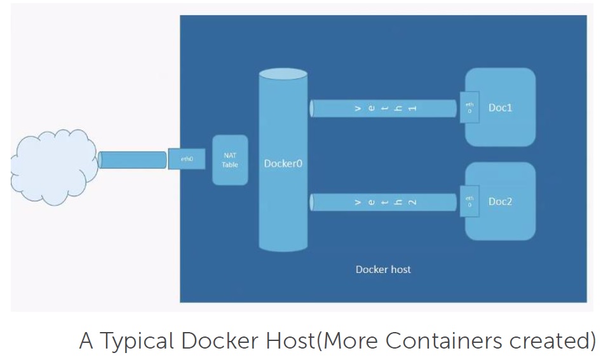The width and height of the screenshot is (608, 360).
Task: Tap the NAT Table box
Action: tap(230, 160)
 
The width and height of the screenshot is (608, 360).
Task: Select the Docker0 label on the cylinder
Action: tap(283, 164)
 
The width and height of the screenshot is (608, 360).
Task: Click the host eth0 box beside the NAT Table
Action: tap(187, 159)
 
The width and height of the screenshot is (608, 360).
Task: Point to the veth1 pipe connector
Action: tap(384, 109)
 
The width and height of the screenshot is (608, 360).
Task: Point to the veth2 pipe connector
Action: tap(384, 203)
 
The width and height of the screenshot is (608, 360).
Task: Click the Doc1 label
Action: tap(500, 108)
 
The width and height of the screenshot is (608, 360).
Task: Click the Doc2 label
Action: tap(500, 202)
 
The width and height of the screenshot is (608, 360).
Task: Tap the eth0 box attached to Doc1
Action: tap(470, 107)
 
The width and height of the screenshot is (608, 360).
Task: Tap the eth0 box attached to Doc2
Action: tap(470, 202)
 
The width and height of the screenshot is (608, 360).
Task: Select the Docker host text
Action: tap(383, 269)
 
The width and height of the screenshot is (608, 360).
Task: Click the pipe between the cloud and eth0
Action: tap(133, 160)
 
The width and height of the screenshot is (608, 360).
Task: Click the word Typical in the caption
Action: tap(135, 342)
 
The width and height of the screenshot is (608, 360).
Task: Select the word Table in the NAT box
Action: tap(230, 165)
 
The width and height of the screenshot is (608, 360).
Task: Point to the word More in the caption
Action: tap(351, 341)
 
